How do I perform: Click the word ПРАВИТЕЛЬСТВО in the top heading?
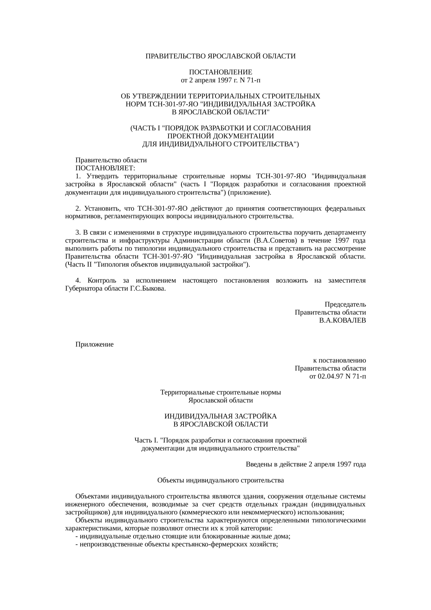175,56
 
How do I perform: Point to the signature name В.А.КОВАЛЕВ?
342,320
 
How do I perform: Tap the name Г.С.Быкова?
147,288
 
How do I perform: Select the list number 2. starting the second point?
78,209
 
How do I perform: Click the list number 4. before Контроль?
78,280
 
